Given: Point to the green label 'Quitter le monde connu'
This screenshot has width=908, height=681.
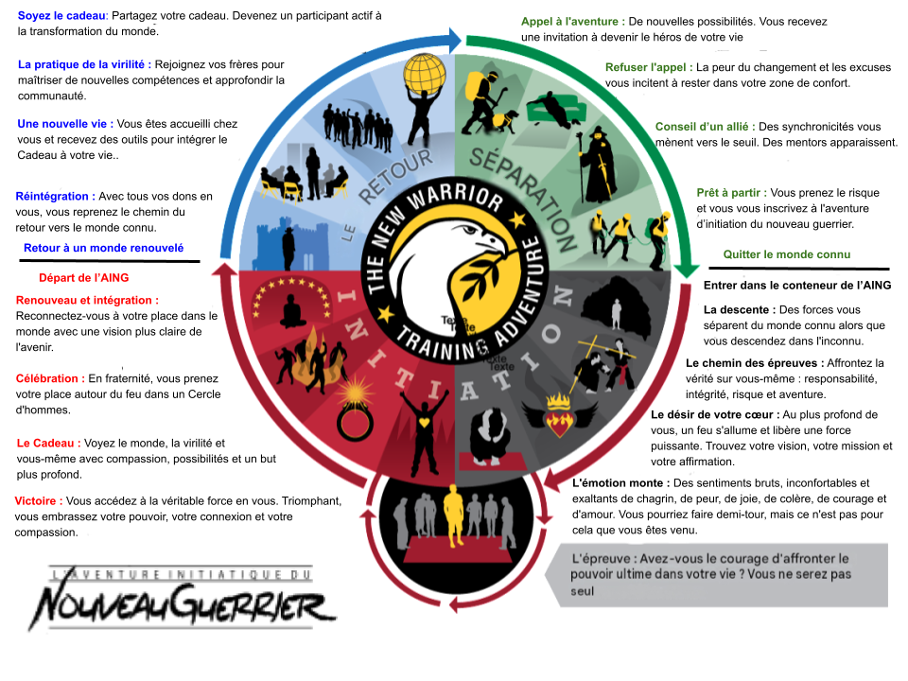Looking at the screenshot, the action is click(786, 254).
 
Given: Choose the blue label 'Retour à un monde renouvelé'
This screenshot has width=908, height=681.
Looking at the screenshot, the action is click(104, 248).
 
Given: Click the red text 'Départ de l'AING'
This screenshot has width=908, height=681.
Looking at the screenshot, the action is click(84, 277).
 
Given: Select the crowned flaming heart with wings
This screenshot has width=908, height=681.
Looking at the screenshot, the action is click(559, 414).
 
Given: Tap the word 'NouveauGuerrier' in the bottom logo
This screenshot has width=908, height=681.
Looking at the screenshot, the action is click(182, 604).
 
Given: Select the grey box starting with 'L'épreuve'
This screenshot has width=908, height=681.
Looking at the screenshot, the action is click(717, 574).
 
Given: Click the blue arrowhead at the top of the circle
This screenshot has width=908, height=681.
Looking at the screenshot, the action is click(453, 40).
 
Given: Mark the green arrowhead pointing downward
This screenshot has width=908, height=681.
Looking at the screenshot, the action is click(688, 269).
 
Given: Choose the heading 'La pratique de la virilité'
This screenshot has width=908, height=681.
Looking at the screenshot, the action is click(84, 64).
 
